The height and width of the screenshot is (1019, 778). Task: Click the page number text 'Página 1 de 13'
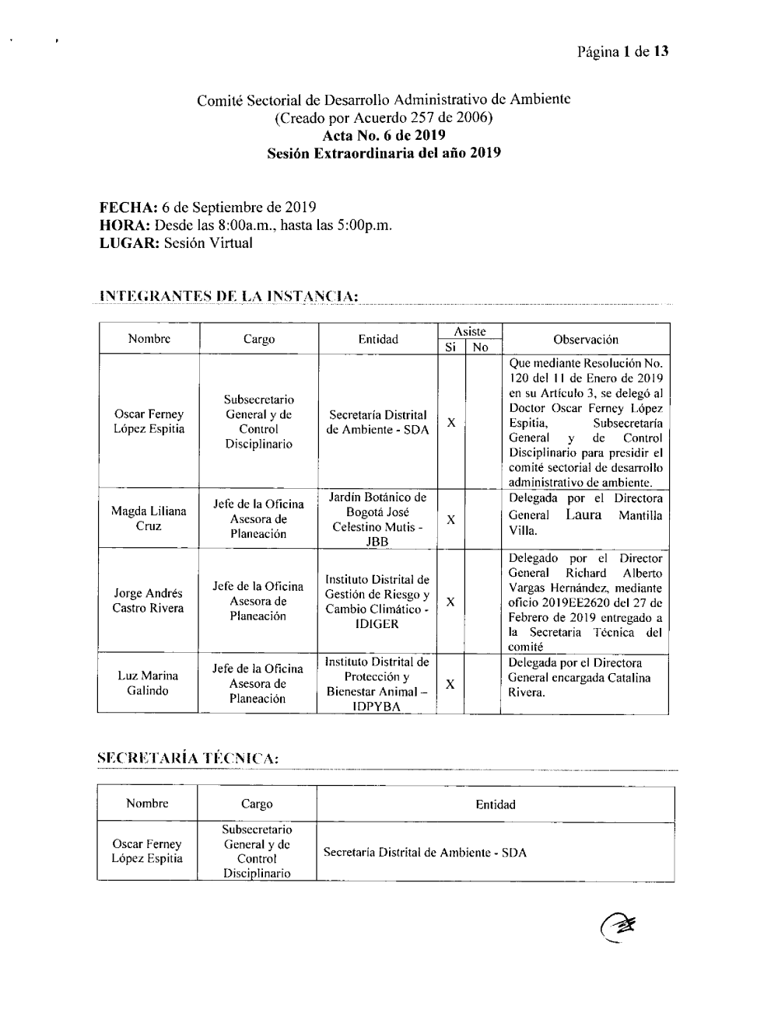click(622, 52)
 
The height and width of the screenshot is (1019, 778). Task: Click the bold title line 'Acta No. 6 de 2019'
click(384, 135)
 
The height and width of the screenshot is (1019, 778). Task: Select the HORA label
click(125, 225)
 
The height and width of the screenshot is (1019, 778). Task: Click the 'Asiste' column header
click(470, 332)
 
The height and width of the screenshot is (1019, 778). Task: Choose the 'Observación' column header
click(585, 340)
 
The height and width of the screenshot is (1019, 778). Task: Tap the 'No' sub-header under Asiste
click(481, 347)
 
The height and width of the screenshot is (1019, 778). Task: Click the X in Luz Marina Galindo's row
click(450, 683)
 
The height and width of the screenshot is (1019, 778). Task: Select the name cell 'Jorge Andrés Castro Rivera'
click(148, 601)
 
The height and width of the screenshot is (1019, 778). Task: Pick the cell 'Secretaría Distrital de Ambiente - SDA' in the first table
click(378, 422)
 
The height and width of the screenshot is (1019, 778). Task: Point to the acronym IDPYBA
click(376, 707)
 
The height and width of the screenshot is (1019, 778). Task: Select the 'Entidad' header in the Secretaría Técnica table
click(495, 804)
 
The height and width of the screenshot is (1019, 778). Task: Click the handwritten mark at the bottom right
click(618, 925)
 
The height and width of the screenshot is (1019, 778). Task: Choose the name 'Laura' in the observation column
click(583, 515)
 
